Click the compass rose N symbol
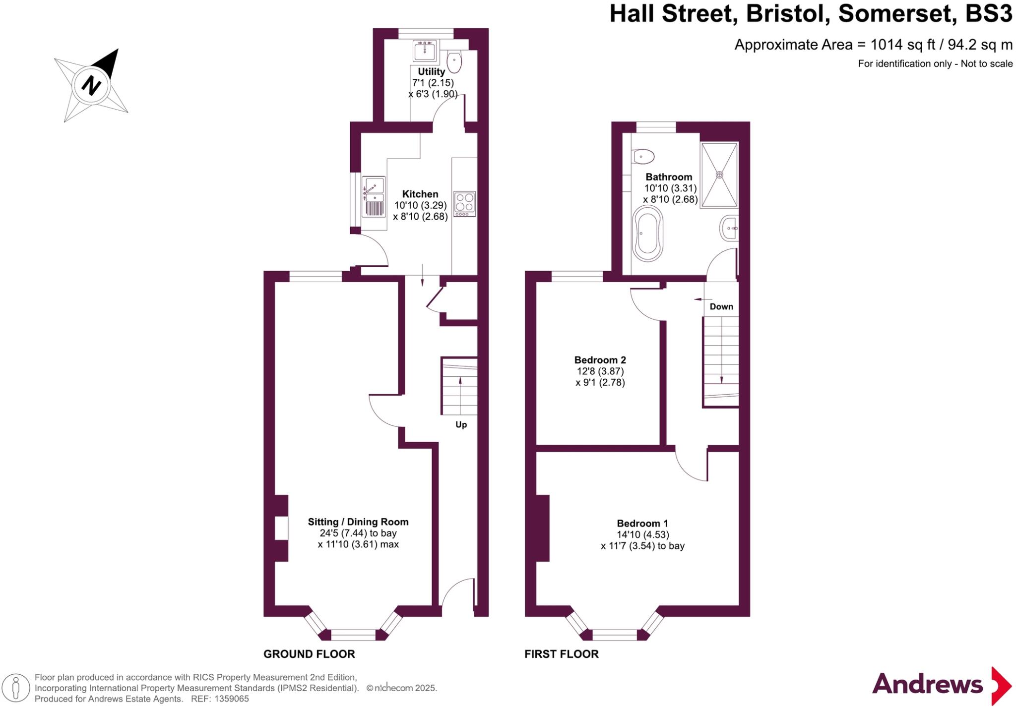[91, 85]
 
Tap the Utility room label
[431, 72]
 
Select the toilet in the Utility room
[454, 62]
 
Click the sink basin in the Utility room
[425, 50]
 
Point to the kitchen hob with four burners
[464, 203]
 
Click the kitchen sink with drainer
[374, 197]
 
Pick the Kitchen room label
[420, 194]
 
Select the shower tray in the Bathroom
[719, 174]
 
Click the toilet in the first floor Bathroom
[644, 157]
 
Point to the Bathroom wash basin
[729, 229]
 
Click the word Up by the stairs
[461, 425]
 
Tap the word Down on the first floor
[721, 306]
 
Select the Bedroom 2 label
[600, 360]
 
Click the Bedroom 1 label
[642, 523]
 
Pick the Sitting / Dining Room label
[358, 522]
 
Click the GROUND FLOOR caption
[309, 654]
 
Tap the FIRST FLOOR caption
[562, 654]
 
